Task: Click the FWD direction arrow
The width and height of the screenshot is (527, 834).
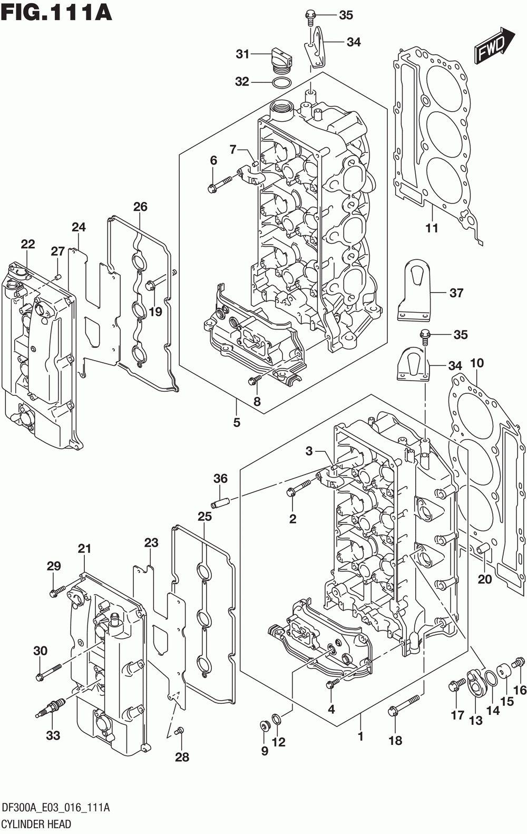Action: pyautogui.click(x=494, y=44)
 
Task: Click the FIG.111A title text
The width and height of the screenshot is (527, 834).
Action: pyautogui.click(x=56, y=12)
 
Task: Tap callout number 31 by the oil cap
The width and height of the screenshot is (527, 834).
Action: pyautogui.click(x=242, y=54)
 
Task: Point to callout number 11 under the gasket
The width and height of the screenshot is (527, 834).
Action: pyautogui.click(x=432, y=228)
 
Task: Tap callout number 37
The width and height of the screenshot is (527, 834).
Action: pyautogui.click(x=456, y=293)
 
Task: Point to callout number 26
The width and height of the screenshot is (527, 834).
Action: pyautogui.click(x=140, y=207)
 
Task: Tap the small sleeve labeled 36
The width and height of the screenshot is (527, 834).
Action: pyautogui.click(x=221, y=503)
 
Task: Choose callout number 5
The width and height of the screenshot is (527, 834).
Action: pyautogui.click(x=237, y=423)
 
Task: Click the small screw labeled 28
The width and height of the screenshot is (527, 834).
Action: pyautogui.click(x=179, y=730)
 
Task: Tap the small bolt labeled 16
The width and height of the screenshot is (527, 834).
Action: pyautogui.click(x=518, y=663)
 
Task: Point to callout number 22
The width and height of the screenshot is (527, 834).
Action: pyautogui.click(x=28, y=244)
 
